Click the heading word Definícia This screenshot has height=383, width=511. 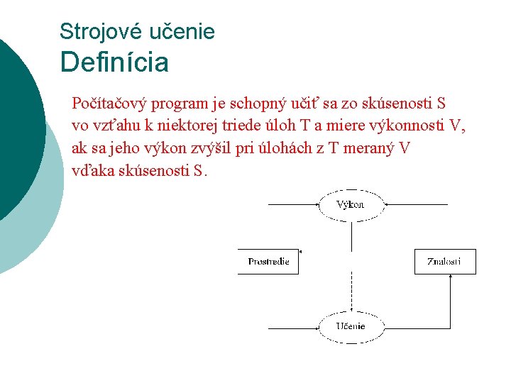[114, 62]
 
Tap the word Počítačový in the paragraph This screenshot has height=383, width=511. [104, 104]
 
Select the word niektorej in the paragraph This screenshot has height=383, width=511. [185, 126]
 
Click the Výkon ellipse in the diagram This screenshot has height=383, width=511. [351, 204]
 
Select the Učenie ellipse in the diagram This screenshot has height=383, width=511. [351, 326]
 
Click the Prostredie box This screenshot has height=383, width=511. [268, 262]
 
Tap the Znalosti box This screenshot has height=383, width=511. [445, 262]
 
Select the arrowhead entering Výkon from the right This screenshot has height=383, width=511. [385, 204]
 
